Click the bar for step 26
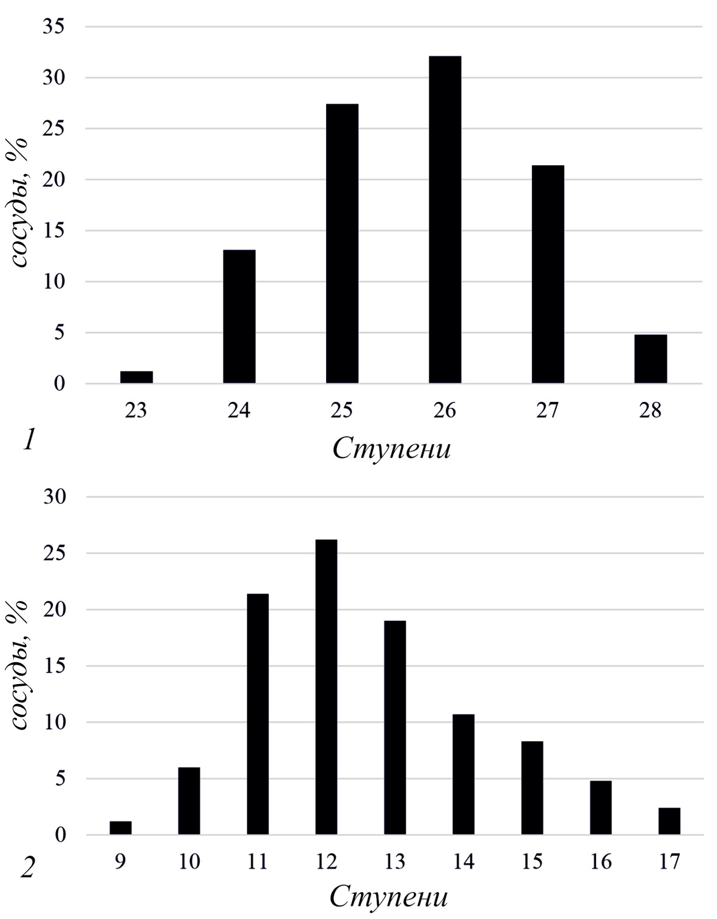pyautogui.click(x=444, y=220)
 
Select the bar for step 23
pyautogui.click(x=136, y=377)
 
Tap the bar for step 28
pyautogui.click(x=650, y=359)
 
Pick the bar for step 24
pyautogui.click(x=239, y=316)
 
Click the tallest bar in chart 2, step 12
pyautogui.click(x=326, y=687)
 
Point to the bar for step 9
pyautogui.click(x=120, y=828)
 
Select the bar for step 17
pyautogui.click(x=669, y=821)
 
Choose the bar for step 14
pyautogui.click(x=463, y=775)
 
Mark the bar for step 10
pyautogui.click(x=189, y=801)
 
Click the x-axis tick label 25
pyautogui.click(x=342, y=411)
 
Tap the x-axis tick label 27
pyautogui.click(x=547, y=411)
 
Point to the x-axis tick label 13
pyautogui.click(x=395, y=861)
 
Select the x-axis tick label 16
pyautogui.click(x=600, y=861)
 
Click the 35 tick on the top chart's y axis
pyautogui.click(x=54, y=27)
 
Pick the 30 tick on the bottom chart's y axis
pyautogui.click(x=54, y=497)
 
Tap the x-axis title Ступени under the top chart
pyautogui.click(x=392, y=449)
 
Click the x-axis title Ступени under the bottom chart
pyautogui.click(x=389, y=898)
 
